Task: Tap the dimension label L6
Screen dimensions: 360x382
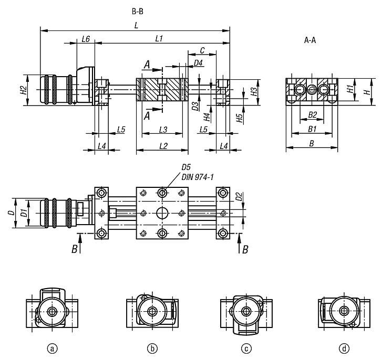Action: (86, 39)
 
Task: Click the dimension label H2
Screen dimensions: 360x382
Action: (23, 90)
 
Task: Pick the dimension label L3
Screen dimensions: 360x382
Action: (163, 130)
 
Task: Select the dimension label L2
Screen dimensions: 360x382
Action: (163, 145)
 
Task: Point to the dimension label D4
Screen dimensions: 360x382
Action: (199, 63)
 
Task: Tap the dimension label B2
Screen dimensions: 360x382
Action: (312, 114)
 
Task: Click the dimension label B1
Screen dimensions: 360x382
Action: (312, 128)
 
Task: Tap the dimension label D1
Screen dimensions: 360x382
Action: (23, 213)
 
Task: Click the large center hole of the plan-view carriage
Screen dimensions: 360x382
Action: (162, 213)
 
